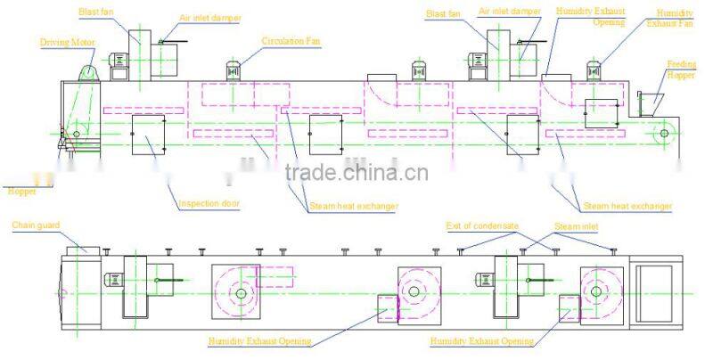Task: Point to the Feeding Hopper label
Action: pos(682,70)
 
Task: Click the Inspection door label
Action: pos(210,202)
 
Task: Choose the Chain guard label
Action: pos(36,225)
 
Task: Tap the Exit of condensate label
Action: pos(482,227)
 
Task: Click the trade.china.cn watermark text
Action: pos(356,172)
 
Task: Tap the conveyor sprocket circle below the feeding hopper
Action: pos(663,134)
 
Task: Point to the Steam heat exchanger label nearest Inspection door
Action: pos(354,206)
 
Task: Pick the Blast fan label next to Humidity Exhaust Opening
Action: pos(442,13)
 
